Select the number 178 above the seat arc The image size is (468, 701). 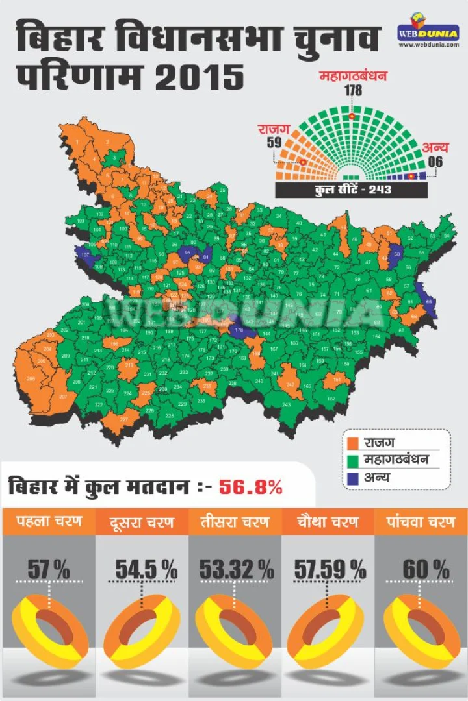[x=352, y=90]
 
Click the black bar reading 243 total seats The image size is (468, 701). [x=351, y=190]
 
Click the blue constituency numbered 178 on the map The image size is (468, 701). [x=239, y=330]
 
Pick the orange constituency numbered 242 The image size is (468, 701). [x=290, y=384]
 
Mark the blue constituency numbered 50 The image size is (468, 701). [x=396, y=254]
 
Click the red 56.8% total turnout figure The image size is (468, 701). [x=250, y=486]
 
